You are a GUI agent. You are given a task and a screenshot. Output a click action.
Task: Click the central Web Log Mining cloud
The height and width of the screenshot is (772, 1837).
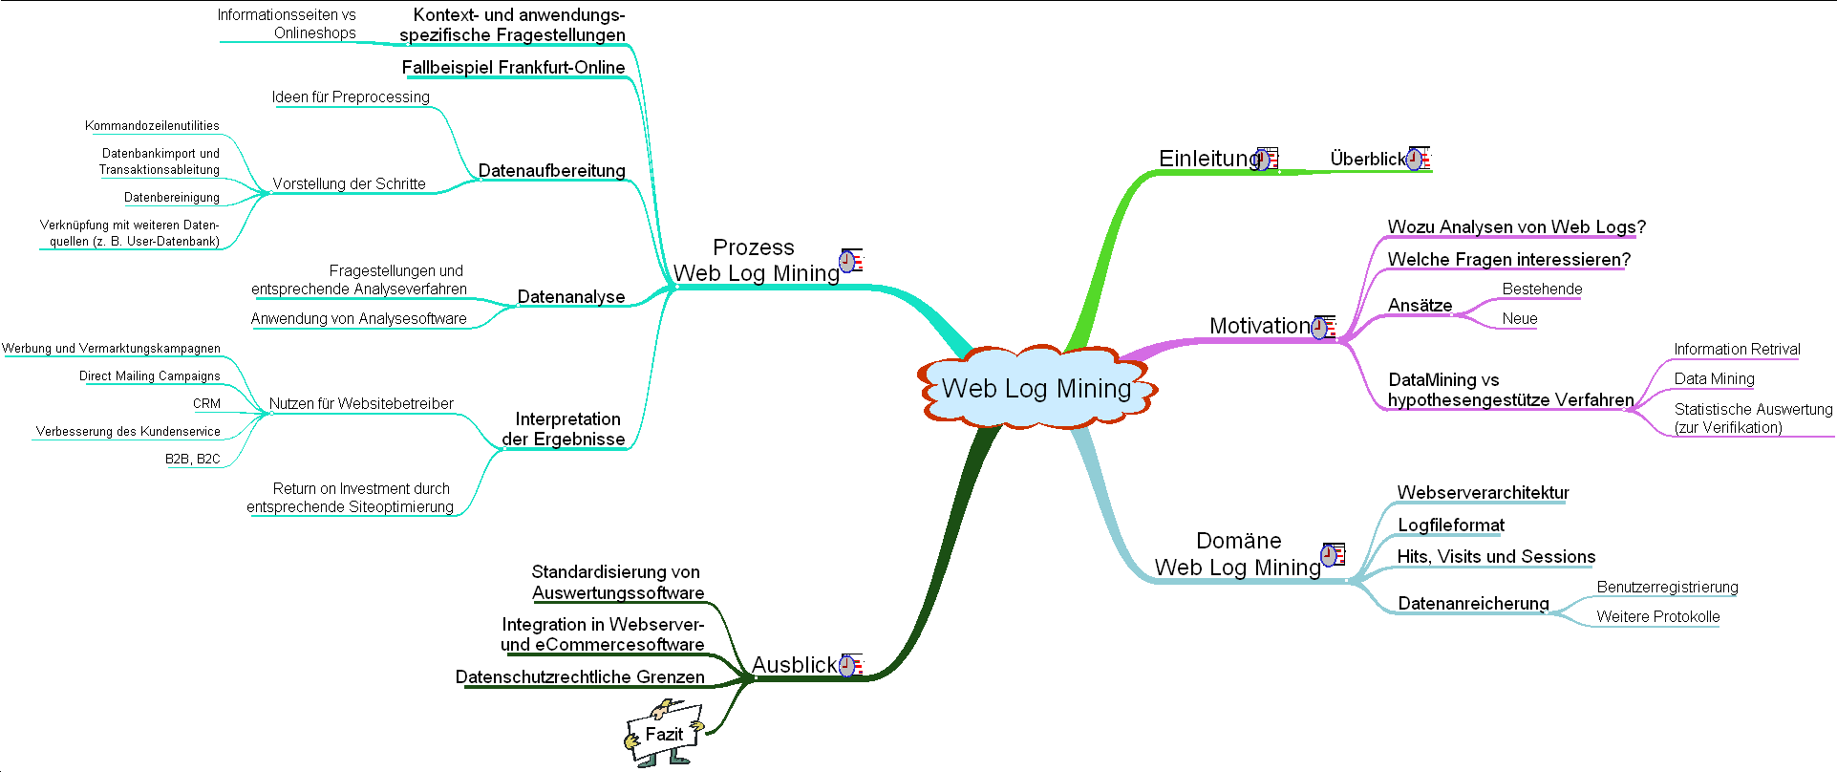pyautogui.click(x=1036, y=388)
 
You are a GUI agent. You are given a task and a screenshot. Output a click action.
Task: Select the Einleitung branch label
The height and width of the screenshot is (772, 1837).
pyautogui.click(x=1207, y=159)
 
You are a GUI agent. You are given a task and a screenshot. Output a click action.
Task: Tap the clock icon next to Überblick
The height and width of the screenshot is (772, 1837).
pyautogui.click(x=1417, y=159)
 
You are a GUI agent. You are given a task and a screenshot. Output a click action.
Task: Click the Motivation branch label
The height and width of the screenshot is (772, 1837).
pyautogui.click(x=1259, y=326)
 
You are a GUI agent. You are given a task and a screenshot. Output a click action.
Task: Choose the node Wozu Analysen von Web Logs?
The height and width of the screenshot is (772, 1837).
pyautogui.click(x=1516, y=227)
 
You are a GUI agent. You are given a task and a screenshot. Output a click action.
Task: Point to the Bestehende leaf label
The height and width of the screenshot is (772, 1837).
pyautogui.click(x=1542, y=289)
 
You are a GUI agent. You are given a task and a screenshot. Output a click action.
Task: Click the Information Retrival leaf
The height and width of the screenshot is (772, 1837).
pyautogui.click(x=1737, y=350)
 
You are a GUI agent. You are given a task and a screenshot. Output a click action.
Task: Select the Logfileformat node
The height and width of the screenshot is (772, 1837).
pyautogui.click(x=1450, y=525)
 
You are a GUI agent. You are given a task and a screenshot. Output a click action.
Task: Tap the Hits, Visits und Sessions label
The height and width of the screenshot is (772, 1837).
pyautogui.click(x=1496, y=557)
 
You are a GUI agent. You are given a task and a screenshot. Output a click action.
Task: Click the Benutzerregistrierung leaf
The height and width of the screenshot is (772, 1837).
pyautogui.click(x=1667, y=588)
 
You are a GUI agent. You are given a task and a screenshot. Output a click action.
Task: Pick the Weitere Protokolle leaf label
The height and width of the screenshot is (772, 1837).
pyautogui.click(x=1657, y=617)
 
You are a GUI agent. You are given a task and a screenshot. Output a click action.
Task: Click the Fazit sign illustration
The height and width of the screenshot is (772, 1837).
pyautogui.click(x=664, y=734)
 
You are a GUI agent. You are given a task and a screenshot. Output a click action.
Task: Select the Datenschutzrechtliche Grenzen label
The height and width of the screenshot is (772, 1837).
pyautogui.click(x=580, y=677)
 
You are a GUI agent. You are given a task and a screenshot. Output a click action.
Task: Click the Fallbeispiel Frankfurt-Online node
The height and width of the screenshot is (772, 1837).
pyautogui.click(x=513, y=68)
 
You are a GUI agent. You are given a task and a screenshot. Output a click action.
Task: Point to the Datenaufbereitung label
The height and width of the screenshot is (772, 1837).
pyautogui.click(x=551, y=171)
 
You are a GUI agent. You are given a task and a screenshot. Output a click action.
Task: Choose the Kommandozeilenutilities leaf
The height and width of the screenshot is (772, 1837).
pyautogui.click(x=152, y=126)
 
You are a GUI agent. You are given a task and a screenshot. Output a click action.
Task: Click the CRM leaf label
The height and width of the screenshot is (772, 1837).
pyautogui.click(x=206, y=404)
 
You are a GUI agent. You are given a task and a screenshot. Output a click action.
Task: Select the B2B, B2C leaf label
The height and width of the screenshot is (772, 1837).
pyautogui.click(x=192, y=460)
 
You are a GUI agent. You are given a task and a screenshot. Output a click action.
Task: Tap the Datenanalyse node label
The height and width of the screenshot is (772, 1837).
pyautogui.click(x=570, y=297)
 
